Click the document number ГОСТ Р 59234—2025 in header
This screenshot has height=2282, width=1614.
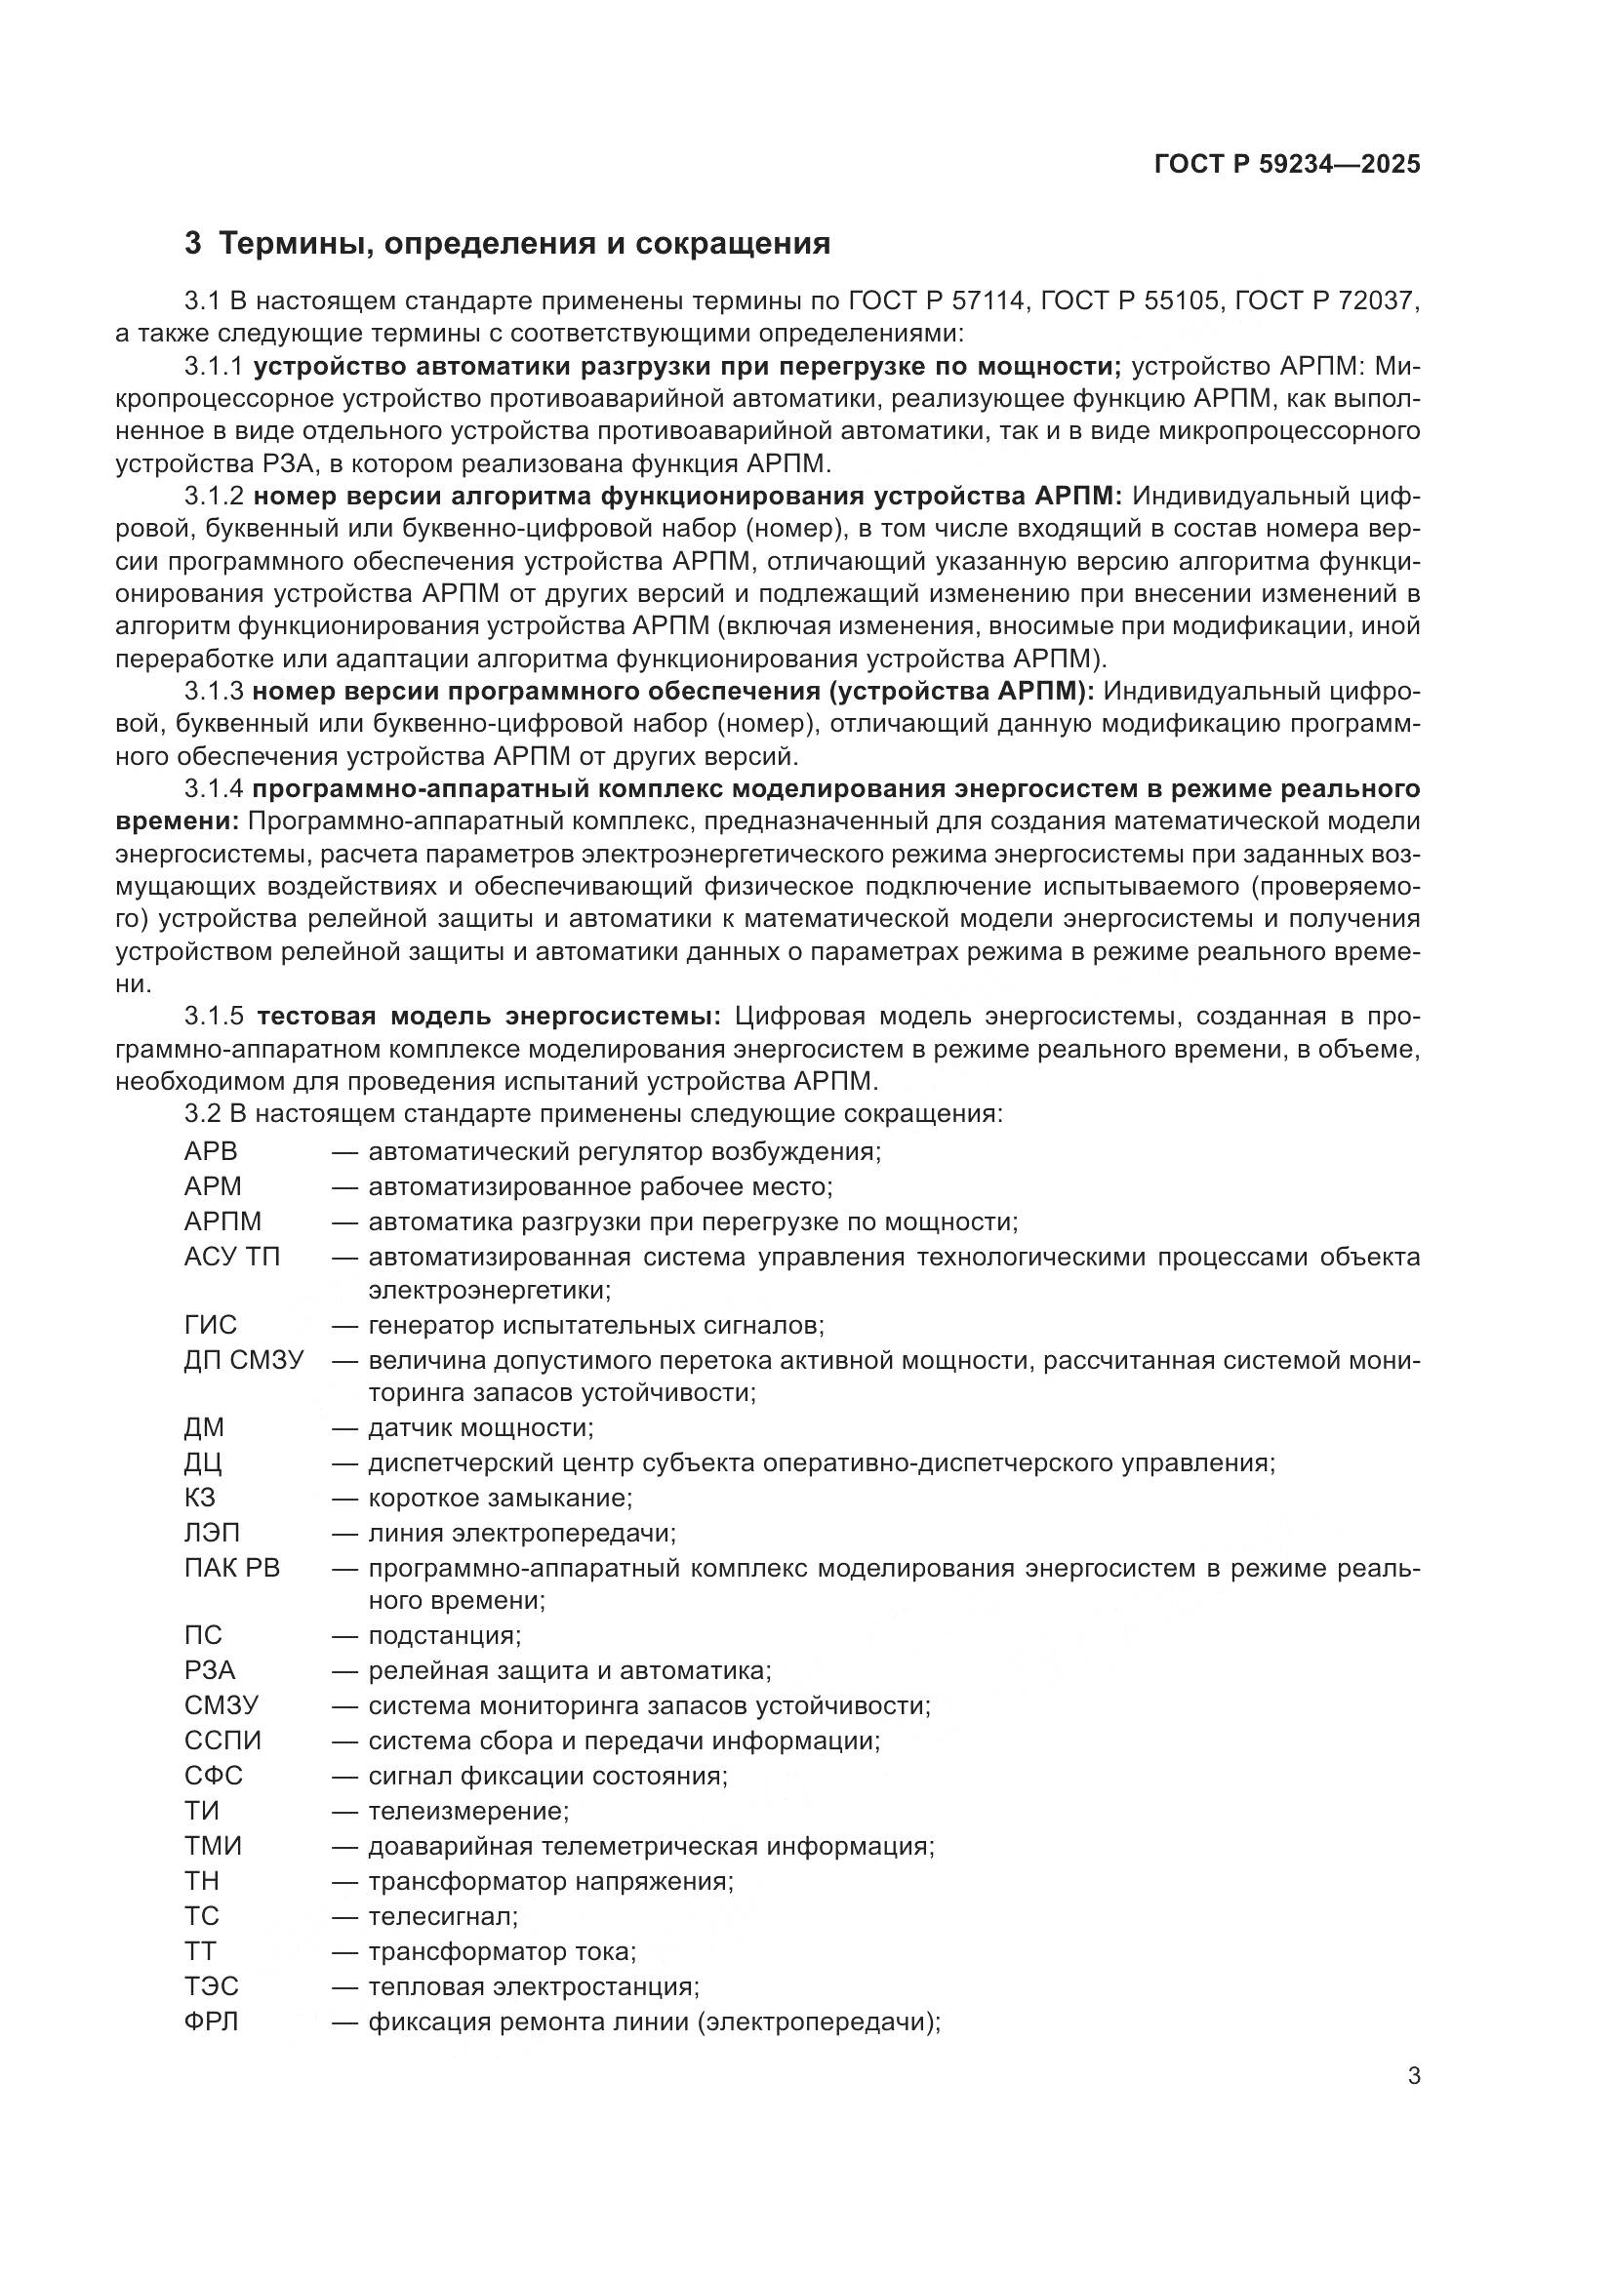click(x=1287, y=165)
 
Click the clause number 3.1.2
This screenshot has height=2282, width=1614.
click(x=214, y=496)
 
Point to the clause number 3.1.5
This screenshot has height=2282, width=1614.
click(x=214, y=1016)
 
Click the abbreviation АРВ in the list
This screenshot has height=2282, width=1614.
click(x=211, y=1152)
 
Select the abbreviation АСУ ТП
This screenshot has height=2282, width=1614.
click(x=232, y=1258)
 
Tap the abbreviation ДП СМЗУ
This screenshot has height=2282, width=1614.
click(x=244, y=1360)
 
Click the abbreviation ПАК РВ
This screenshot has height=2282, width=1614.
click(x=232, y=1569)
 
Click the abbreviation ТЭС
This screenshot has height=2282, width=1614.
click(x=212, y=1986)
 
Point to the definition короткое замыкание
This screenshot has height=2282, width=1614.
click(x=500, y=1498)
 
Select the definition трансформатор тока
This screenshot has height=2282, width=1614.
click(x=502, y=1952)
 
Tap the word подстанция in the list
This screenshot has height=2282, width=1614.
click(x=444, y=1635)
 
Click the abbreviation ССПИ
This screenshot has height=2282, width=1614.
click(x=222, y=1741)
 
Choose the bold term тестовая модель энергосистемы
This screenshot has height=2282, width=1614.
click(x=489, y=1016)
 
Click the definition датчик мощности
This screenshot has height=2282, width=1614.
click(x=481, y=1428)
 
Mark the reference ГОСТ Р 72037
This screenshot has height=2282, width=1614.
click(x=1327, y=300)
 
